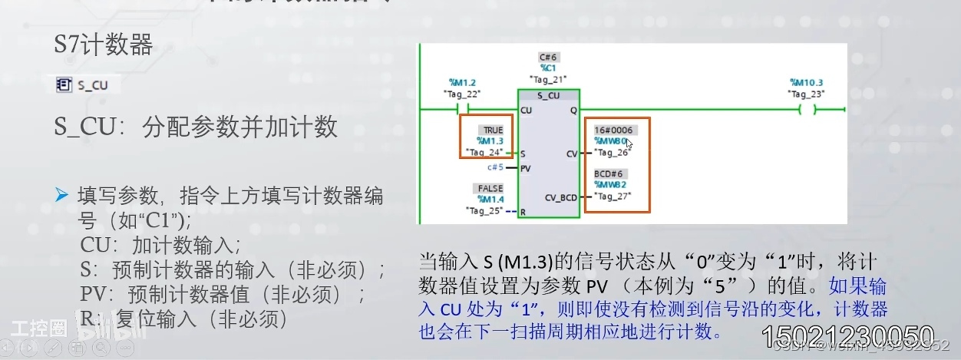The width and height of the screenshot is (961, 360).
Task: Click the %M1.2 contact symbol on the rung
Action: click(463, 110)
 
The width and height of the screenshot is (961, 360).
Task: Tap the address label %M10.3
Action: click(806, 82)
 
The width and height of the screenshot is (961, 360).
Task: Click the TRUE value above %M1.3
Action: click(492, 130)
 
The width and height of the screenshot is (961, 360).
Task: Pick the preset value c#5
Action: click(495, 167)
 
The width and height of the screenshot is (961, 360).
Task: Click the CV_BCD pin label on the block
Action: click(560, 198)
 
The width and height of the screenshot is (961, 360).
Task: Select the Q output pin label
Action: click(573, 111)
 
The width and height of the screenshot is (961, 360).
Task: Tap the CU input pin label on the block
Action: click(526, 111)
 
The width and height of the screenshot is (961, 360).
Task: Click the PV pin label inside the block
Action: click(526, 168)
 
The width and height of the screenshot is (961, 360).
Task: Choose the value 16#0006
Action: click(613, 130)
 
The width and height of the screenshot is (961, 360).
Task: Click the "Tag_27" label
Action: click(613, 197)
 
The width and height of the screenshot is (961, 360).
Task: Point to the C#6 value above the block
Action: click(547, 57)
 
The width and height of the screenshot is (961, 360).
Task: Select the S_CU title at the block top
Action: click(548, 96)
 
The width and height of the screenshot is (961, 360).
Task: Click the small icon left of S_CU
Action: click(64, 84)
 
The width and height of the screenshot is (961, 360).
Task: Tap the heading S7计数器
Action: click(103, 45)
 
